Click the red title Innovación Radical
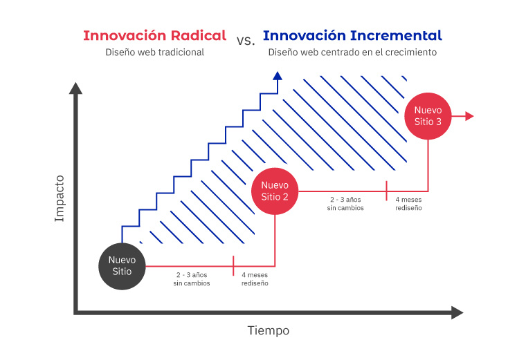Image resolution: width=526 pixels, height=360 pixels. click(x=154, y=36)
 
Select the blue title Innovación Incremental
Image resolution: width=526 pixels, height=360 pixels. click(x=352, y=36)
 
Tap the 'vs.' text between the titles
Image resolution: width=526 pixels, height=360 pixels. click(x=245, y=40)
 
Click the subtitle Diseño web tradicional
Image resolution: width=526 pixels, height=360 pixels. click(x=154, y=53)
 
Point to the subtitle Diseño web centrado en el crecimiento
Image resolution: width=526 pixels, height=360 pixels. click(x=352, y=53)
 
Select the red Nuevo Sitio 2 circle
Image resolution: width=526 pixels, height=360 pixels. click(x=275, y=191)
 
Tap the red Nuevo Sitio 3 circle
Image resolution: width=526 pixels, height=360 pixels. click(x=428, y=115)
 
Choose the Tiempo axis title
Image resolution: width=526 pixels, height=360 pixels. click(x=269, y=330)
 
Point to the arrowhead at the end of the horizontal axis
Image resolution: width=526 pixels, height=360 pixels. click(x=456, y=313)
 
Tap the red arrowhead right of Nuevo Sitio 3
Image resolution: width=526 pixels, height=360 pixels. click(x=470, y=116)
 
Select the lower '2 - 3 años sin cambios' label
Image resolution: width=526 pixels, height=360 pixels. click(x=192, y=278)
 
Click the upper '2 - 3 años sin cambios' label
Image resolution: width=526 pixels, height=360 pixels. click(x=345, y=203)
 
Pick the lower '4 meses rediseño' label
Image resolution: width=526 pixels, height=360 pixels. click(x=255, y=278)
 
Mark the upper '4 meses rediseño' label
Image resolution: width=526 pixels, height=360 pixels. click(x=408, y=203)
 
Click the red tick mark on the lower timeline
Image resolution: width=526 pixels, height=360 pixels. click(x=234, y=265)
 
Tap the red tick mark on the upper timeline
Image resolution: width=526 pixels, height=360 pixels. click(x=387, y=190)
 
